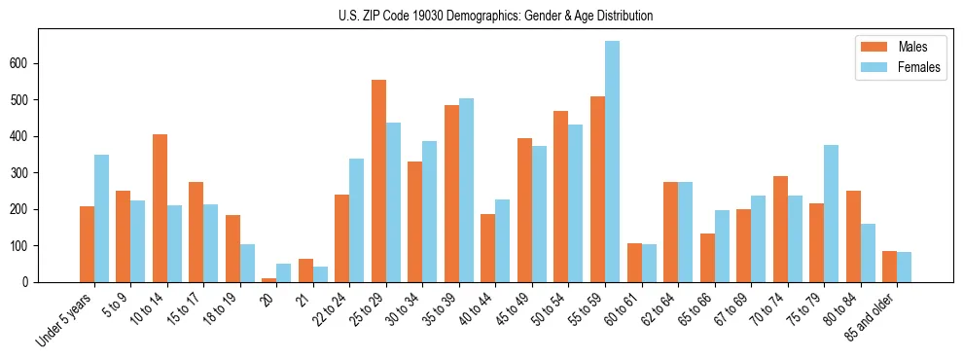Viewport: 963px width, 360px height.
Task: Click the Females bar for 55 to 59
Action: point(612,162)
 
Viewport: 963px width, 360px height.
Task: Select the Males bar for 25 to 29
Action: point(378,181)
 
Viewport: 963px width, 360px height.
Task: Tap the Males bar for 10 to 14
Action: point(160,208)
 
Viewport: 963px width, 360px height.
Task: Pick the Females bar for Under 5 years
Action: point(101,218)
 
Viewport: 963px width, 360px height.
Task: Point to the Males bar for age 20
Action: point(269,280)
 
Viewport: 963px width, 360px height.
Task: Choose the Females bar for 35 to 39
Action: point(466,190)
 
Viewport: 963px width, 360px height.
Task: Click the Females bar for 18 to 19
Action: point(247,263)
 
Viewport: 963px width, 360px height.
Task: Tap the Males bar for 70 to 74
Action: point(780,229)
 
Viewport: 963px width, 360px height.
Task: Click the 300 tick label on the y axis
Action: point(26,172)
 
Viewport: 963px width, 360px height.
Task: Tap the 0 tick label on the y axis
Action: point(31,282)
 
